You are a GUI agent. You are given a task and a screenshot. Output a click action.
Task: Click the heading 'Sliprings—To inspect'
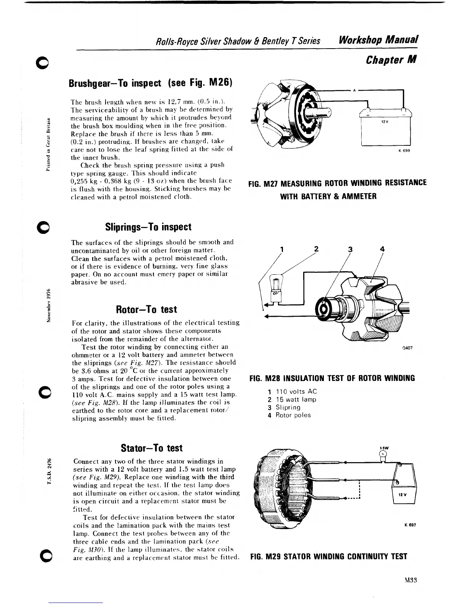(x=148, y=227)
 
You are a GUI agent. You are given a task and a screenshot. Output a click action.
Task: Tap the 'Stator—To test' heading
(x=151, y=448)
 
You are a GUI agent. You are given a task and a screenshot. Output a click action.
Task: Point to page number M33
(x=410, y=580)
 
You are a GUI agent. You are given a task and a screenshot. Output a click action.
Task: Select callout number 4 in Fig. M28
(x=382, y=249)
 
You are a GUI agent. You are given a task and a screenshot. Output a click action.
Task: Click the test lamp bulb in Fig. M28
(x=275, y=285)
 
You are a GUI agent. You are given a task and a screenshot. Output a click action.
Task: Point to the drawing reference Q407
(x=407, y=348)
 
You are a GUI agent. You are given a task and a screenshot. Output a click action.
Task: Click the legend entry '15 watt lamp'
(x=296, y=399)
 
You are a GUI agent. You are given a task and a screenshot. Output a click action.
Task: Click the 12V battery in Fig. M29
(x=403, y=485)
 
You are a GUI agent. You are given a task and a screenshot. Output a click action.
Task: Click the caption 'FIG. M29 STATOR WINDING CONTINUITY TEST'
(x=328, y=557)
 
